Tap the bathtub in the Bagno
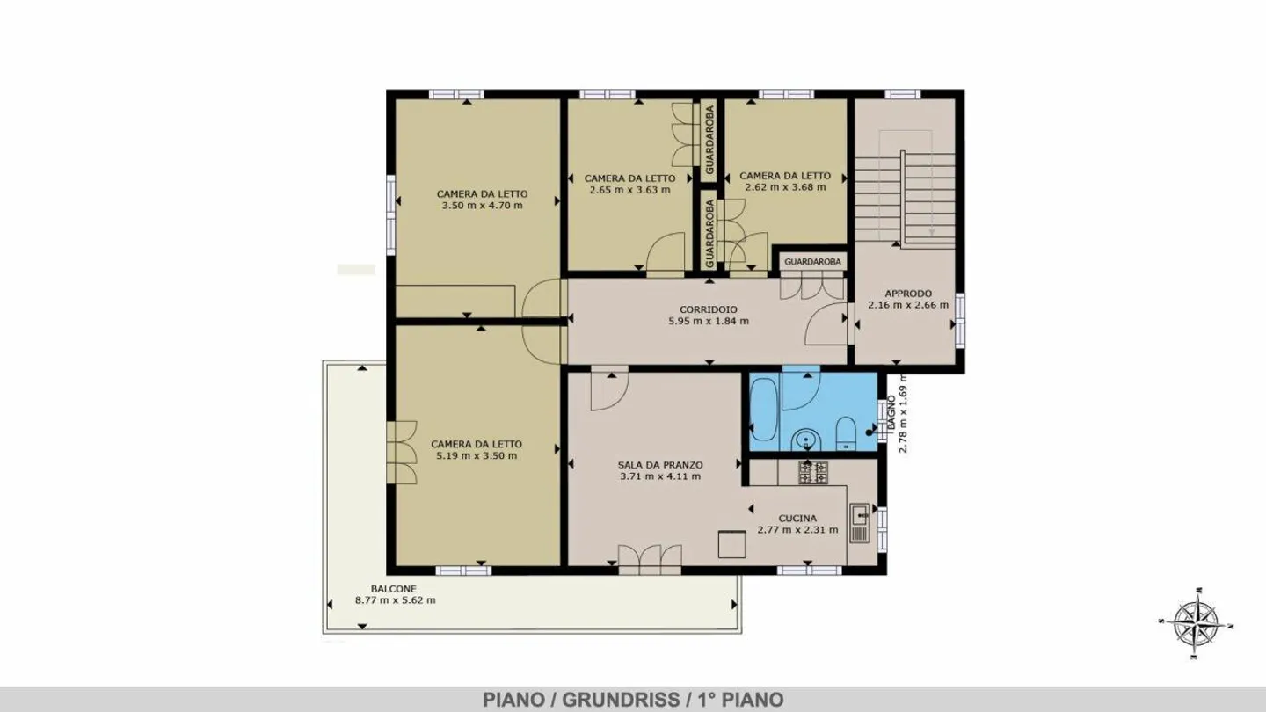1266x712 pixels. [763, 410]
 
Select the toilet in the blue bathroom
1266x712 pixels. [846, 432]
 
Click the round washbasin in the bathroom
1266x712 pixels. [804, 439]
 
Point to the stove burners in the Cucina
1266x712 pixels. [812, 472]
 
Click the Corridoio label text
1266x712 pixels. [708, 309]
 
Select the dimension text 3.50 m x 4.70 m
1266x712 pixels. [482, 206]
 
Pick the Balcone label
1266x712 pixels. [393, 589]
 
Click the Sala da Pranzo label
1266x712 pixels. [659, 465]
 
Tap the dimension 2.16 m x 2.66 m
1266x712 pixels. [907, 305]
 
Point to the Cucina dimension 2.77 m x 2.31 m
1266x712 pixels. [797, 530]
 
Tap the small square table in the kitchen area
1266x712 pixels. [731, 544]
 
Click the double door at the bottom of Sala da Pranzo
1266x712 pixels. [650, 559]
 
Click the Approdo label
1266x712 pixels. [907, 294]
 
